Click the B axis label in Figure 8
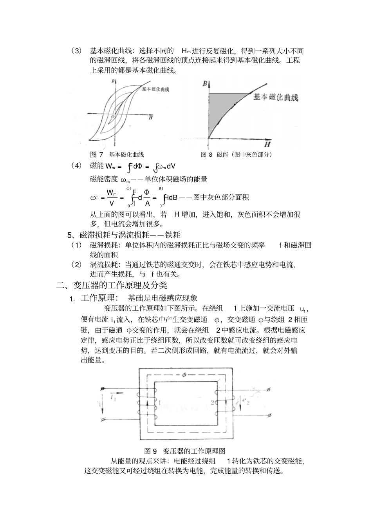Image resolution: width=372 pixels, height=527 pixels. (x=205, y=84)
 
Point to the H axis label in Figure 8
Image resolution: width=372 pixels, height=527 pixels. (x=267, y=145)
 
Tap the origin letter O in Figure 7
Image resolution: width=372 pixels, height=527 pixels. (x=113, y=117)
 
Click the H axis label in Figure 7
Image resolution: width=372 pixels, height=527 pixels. (x=150, y=117)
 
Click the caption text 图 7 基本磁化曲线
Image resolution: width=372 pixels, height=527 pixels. (x=117, y=154)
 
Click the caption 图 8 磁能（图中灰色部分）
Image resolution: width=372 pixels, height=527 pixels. (x=237, y=154)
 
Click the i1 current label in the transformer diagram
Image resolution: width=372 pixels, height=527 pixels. (x=114, y=398)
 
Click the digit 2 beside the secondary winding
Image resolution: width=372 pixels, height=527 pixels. (x=212, y=402)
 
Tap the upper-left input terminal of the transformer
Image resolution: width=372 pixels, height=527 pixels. (x=103, y=389)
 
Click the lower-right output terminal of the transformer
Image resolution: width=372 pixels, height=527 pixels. (x=268, y=415)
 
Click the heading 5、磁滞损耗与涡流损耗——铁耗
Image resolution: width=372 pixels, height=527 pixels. (x=124, y=235)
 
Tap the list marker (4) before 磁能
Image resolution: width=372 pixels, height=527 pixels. (x=76, y=165)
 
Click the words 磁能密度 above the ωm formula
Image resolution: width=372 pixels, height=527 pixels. (x=104, y=179)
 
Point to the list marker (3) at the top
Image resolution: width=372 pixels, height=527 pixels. (x=76, y=51)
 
